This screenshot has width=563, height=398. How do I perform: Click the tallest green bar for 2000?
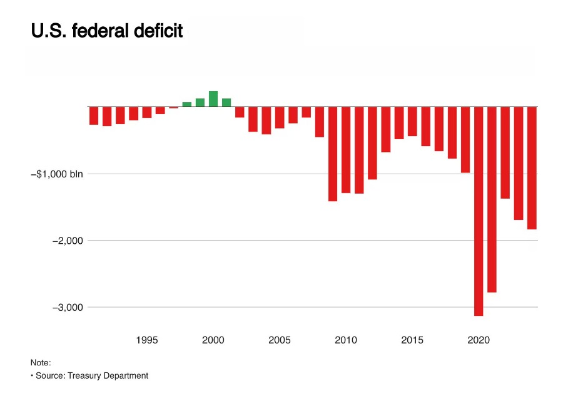click(213, 99)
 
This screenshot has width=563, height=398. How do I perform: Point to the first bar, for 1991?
click(94, 116)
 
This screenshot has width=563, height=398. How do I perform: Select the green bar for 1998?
click(186, 104)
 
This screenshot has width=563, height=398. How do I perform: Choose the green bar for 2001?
click(226, 103)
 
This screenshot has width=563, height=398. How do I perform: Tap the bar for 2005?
click(280, 117)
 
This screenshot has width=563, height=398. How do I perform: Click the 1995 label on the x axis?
click(146, 340)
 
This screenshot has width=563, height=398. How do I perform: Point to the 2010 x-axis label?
click(346, 340)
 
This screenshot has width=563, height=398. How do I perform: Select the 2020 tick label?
click(479, 340)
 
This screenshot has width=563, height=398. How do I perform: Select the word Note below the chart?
click(40, 362)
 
